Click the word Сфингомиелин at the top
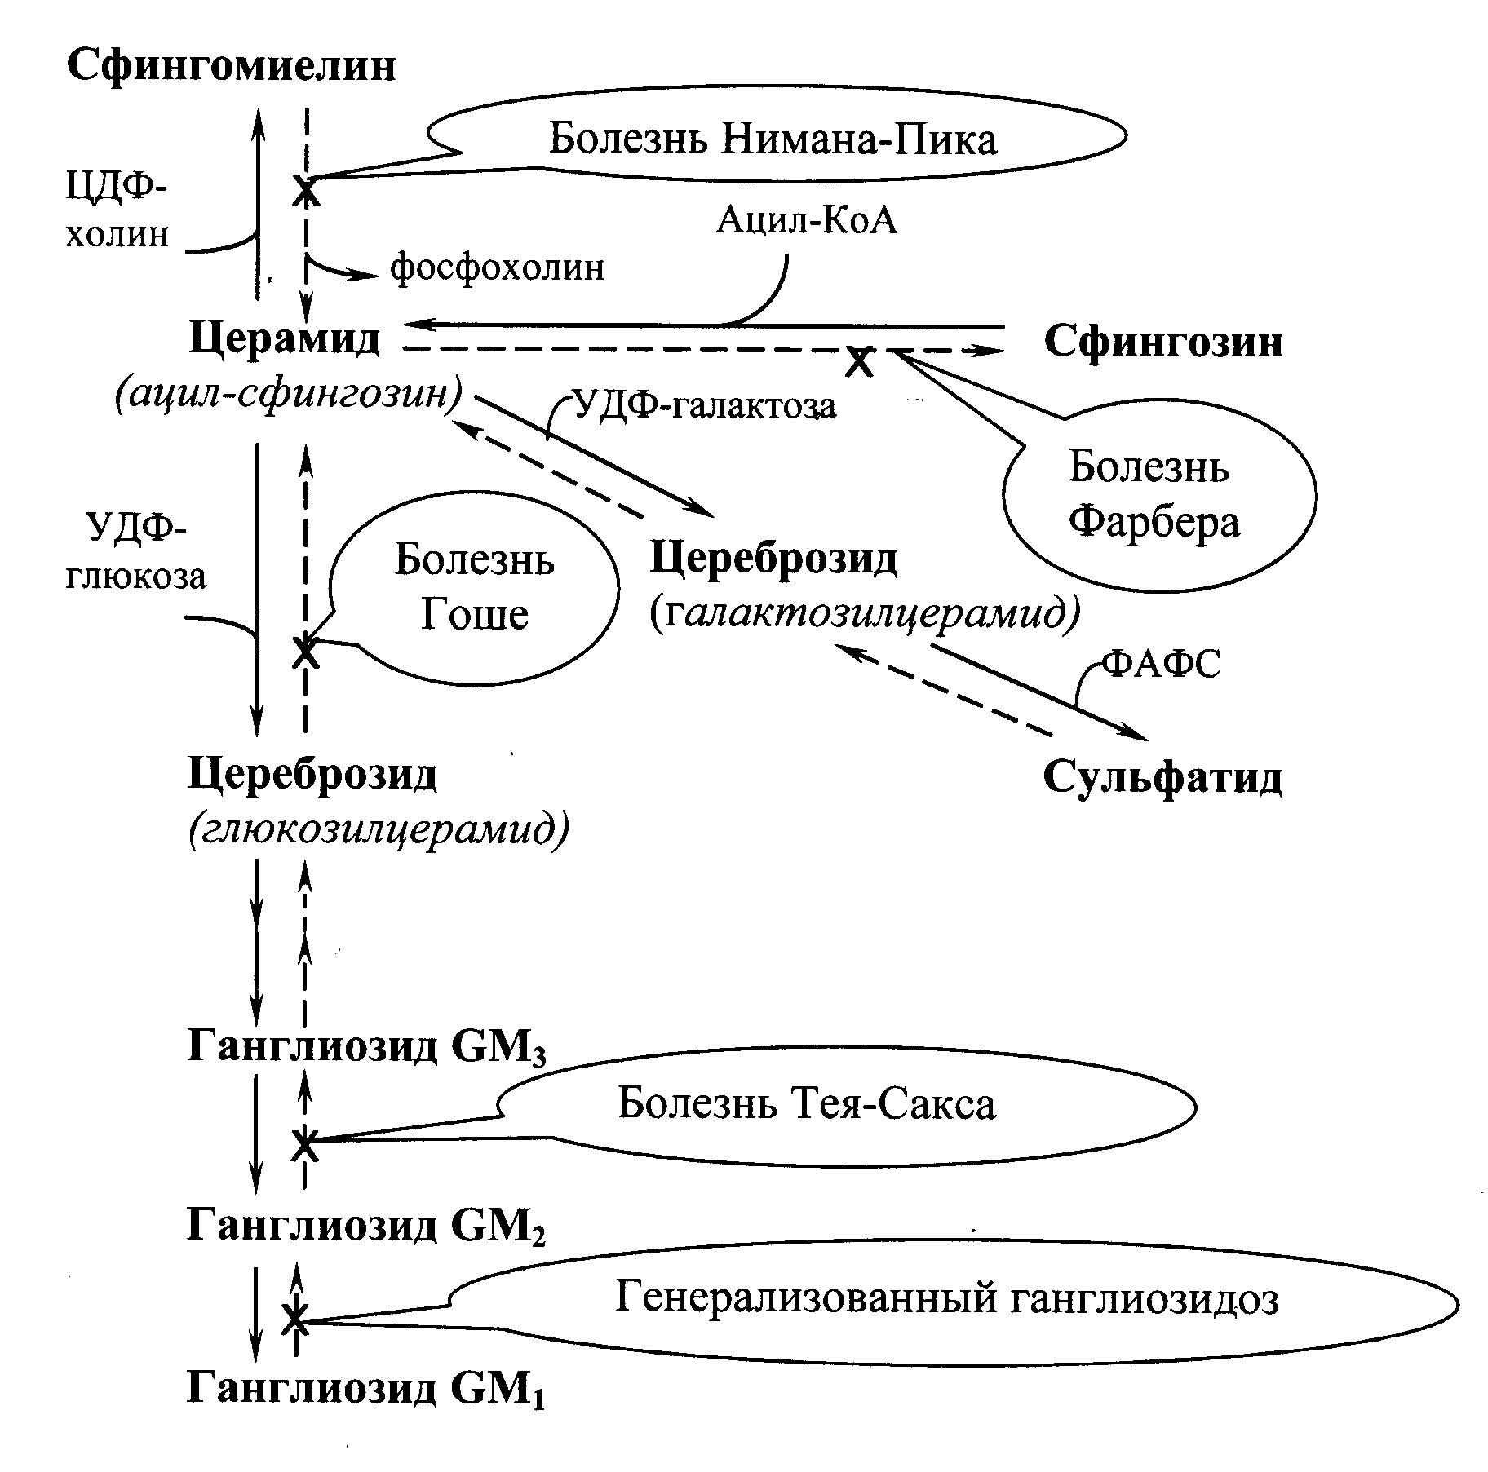tap(231, 65)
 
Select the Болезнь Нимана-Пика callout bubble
tap(772, 139)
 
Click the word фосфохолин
tap(497, 267)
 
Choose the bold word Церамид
tap(284, 338)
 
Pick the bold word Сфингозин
tap(1162, 342)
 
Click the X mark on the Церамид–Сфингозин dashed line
tap(857, 360)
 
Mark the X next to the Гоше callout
tap(306, 651)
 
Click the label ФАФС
tap(1161, 665)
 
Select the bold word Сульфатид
tap(1162, 778)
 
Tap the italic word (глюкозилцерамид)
tap(379, 829)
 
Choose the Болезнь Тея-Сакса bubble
tap(806, 1105)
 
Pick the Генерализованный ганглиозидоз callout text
tap(945, 1298)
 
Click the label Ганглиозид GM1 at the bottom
tap(366, 1388)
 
